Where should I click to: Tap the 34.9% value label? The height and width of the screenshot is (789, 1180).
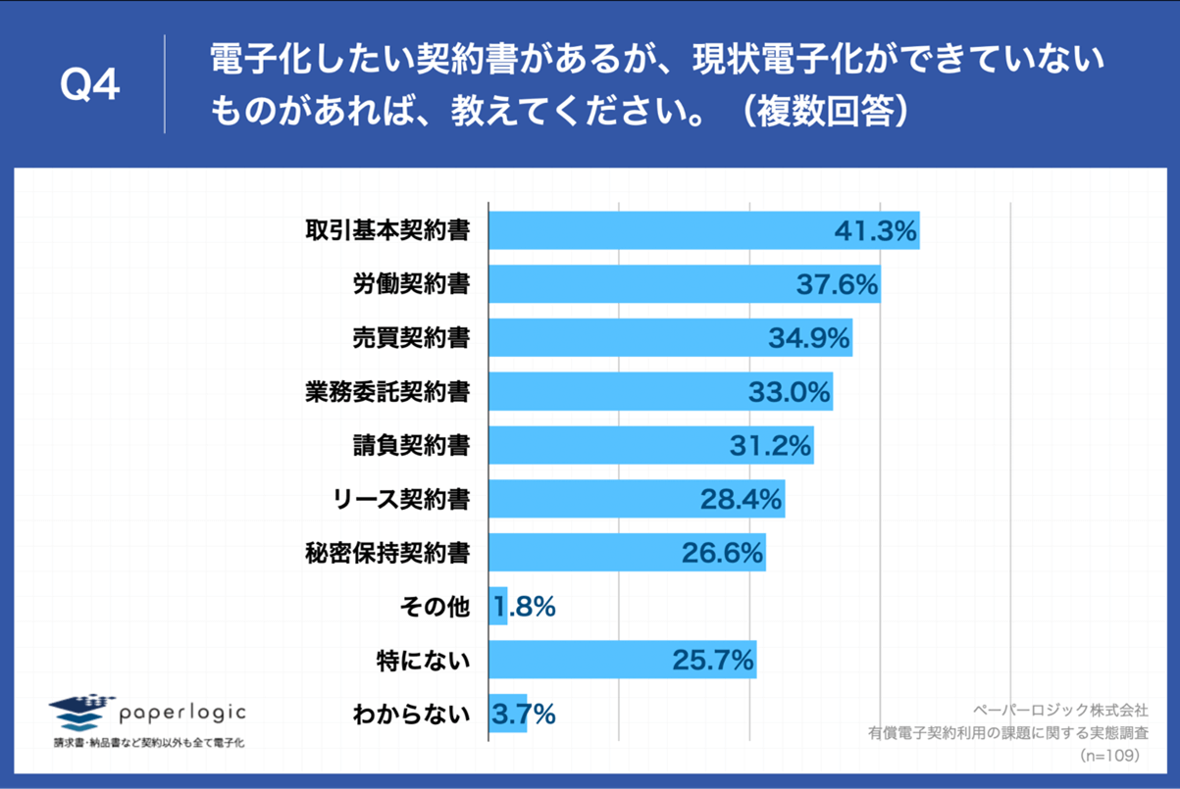pyautogui.click(x=808, y=338)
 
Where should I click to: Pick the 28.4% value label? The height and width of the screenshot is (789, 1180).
pyautogui.click(x=741, y=500)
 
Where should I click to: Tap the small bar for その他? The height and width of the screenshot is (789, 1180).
pyautogui.click(x=497, y=607)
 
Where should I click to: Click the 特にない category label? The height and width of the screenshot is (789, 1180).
pyautogui.click(x=424, y=661)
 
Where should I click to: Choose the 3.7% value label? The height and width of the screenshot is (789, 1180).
pyautogui.click(x=523, y=715)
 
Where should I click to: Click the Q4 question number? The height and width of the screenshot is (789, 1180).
pyautogui.click(x=89, y=86)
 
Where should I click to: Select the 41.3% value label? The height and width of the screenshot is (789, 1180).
pyautogui.click(x=875, y=231)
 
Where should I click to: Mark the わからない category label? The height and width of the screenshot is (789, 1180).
pyautogui.click(x=410, y=715)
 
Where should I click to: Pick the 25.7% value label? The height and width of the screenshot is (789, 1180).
pyautogui.click(x=713, y=661)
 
